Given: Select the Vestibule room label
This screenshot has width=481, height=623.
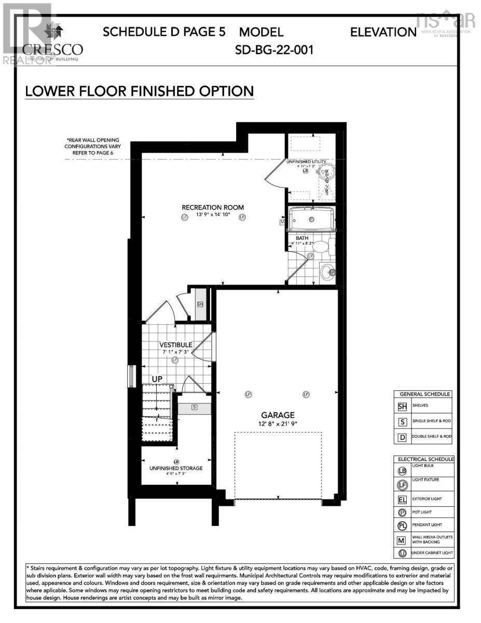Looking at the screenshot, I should [175, 345].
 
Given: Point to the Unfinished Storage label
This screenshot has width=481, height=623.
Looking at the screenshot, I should [176, 468].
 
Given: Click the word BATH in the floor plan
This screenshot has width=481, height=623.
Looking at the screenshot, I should [302, 238].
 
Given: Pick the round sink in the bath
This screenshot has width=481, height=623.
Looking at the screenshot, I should [327, 272].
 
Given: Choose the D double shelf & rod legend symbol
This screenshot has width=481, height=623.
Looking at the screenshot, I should [402, 437].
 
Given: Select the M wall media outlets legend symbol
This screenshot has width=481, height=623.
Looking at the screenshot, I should [402, 540].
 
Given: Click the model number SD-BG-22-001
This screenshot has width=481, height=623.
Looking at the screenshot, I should [274, 50].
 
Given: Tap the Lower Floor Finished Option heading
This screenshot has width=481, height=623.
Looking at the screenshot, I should [139, 91].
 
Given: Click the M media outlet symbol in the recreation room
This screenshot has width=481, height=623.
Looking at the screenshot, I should [283, 222].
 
